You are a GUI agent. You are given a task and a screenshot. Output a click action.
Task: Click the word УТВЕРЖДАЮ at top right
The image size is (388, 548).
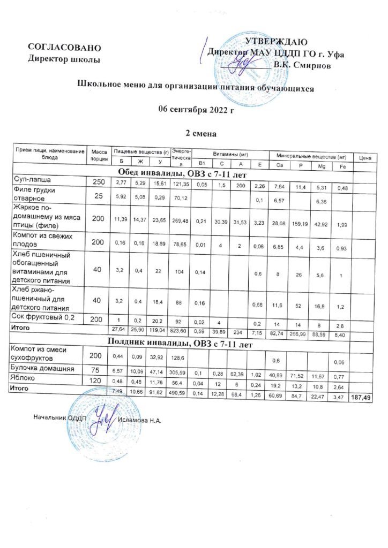coord(275,42)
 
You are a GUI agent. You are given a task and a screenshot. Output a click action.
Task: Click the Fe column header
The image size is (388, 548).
coord(342,165)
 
